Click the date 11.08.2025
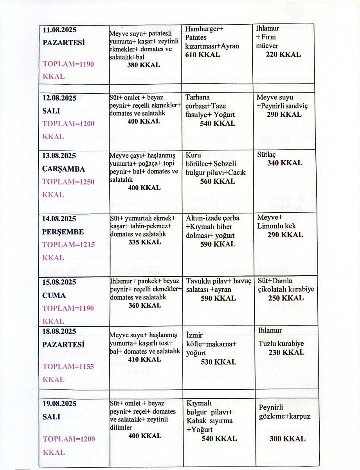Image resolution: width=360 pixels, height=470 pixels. [59, 30]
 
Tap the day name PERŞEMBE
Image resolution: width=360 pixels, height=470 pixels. [63, 231]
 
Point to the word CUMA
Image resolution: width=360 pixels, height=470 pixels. [54, 295]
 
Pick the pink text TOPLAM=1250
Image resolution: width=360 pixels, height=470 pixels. [68, 182]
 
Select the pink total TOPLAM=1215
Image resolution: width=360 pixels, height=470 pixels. [68, 245]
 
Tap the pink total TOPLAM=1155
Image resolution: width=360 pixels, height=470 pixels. [68, 367]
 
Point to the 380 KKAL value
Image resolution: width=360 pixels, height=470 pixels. [144, 65]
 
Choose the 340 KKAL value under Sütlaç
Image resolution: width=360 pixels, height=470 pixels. [284, 163]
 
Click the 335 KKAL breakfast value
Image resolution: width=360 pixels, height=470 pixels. [144, 242]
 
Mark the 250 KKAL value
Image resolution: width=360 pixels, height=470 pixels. [285, 298]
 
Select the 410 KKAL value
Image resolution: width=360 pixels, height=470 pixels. [145, 359]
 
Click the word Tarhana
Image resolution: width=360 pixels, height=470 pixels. [198, 97]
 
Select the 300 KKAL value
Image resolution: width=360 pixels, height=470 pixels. [287, 439]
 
